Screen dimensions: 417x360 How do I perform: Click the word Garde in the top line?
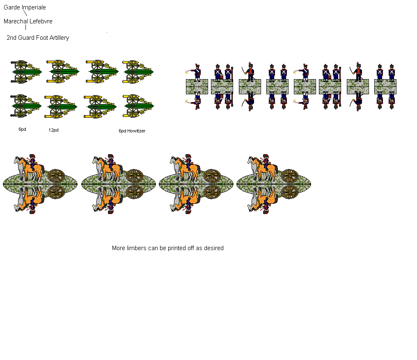point(12,7)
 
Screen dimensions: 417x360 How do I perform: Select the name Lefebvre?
point(41,21)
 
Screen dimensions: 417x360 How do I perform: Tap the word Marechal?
point(16,21)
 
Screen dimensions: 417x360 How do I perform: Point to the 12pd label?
point(53,130)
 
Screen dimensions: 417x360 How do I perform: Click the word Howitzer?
point(136,131)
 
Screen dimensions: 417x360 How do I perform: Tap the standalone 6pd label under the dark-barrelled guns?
point(22,129)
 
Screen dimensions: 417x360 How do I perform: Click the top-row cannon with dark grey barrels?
point(25,72)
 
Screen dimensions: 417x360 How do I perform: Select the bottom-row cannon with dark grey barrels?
point(25,106)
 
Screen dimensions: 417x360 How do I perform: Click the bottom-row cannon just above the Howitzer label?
point(138,106)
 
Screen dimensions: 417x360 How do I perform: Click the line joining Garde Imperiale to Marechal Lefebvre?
point(25,14)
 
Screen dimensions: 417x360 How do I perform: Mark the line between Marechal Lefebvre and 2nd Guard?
point(25,27)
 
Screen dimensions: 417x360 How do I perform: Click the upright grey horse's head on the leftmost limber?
point(17,159)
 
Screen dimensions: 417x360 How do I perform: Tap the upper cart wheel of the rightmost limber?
point(290,175)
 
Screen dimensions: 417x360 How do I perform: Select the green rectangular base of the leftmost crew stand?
point(197,87)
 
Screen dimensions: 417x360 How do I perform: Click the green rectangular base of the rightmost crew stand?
point(385,87)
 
